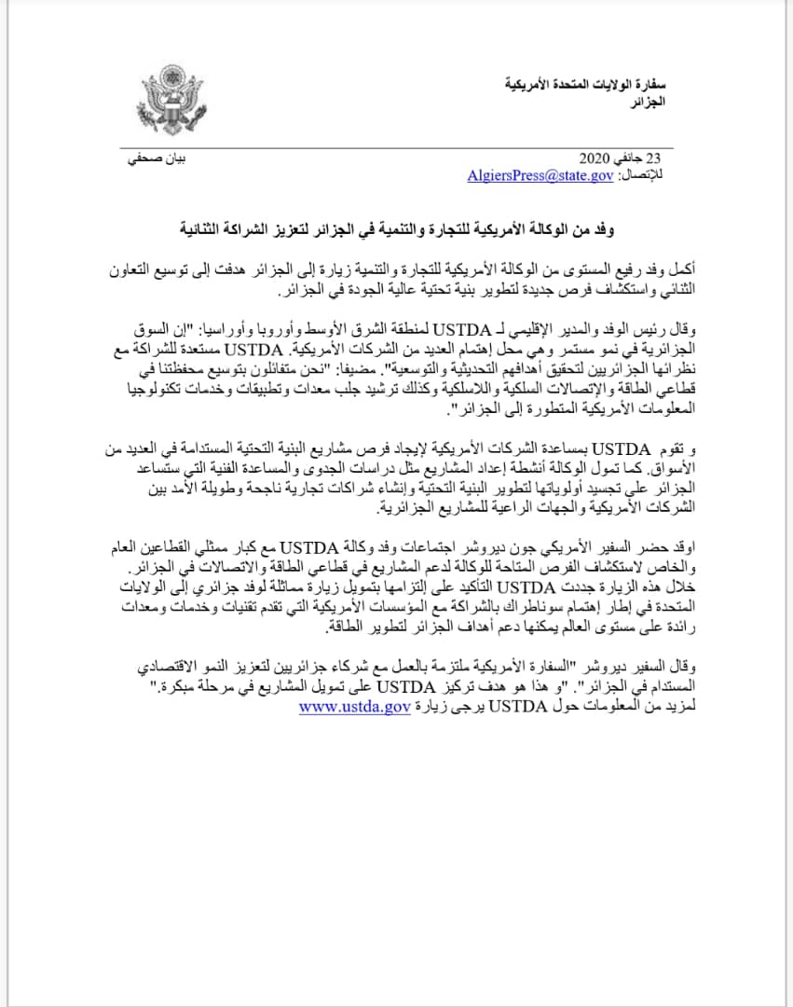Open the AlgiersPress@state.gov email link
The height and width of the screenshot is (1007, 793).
[540, 174]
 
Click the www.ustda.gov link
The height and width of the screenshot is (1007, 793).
[355, 708]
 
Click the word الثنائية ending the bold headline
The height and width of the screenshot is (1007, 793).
[210, 227]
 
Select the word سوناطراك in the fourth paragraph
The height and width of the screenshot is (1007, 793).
[458, 606]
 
